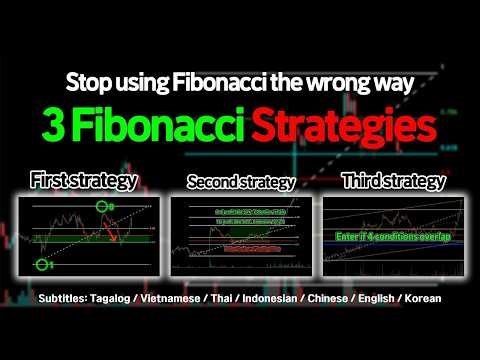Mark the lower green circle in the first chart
42,265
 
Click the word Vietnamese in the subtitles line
200,299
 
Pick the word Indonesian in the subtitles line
291,299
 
